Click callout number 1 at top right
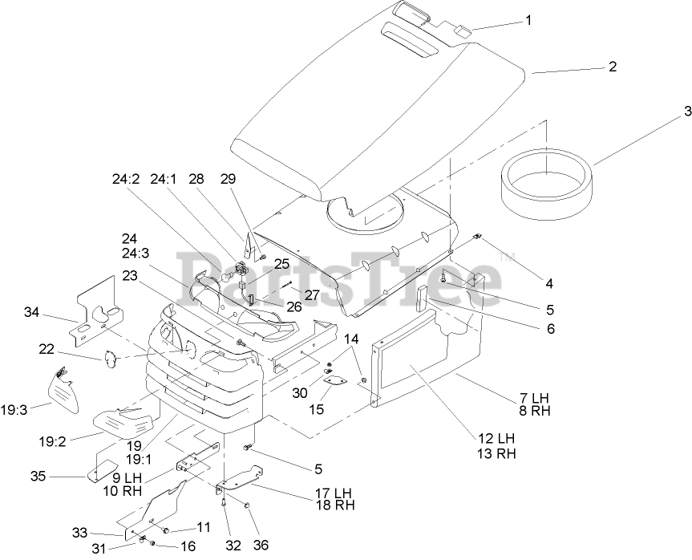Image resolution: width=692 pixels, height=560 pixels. pyautogui.click(x=528, y=20)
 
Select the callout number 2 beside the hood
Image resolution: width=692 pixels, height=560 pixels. pyautogui.click(x=612, y=67)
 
